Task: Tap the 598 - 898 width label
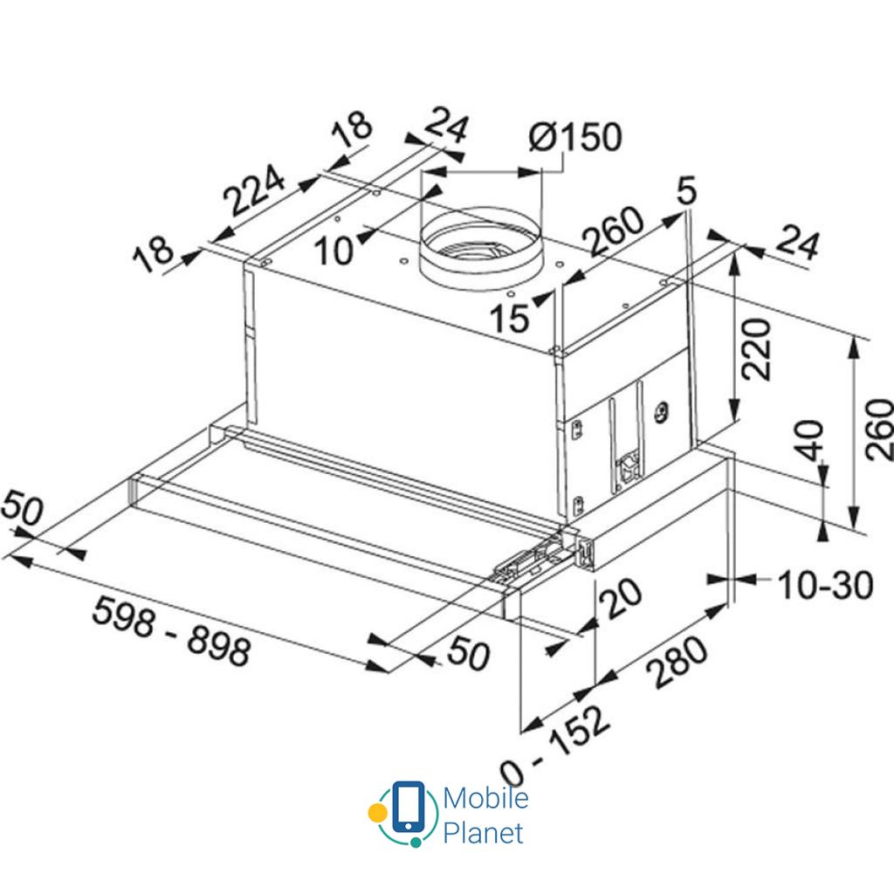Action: (173, 629)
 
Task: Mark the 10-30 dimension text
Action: (824, 586)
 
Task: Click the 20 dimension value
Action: (622, 602)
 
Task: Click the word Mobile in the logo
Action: (485, 798)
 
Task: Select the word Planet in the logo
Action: (483, 833)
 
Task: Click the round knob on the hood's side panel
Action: (662, 409)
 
